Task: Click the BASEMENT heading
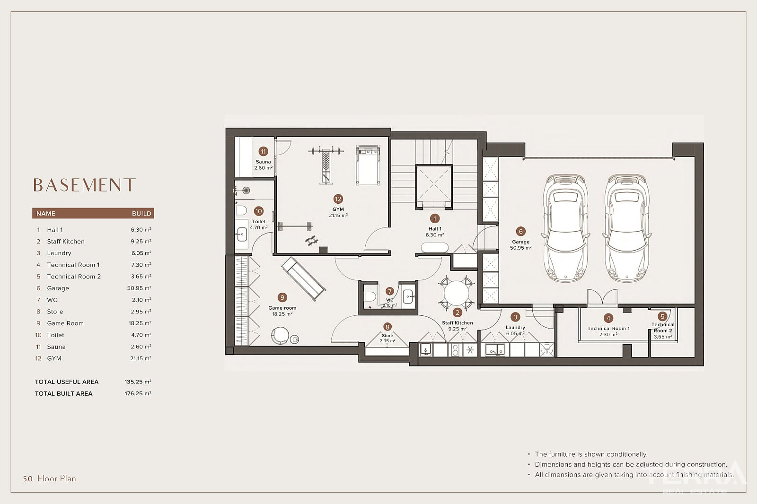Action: [85, 185]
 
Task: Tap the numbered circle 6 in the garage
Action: [520, 231]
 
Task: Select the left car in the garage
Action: [565, 228]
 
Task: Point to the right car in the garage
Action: [627, 228]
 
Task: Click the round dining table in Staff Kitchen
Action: [456, 293]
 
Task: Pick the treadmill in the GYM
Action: [368, 165]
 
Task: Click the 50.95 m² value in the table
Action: [139, 288]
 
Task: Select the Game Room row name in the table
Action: [65, 323]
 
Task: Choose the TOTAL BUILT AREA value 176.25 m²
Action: [138, 393]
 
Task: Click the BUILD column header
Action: [141, 214]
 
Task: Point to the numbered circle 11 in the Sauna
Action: [263, 151]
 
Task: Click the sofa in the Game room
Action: [303, 278]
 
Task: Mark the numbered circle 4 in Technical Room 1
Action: [608, 318]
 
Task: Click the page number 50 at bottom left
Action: [28, 479]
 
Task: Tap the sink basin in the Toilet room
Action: [242, 234]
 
